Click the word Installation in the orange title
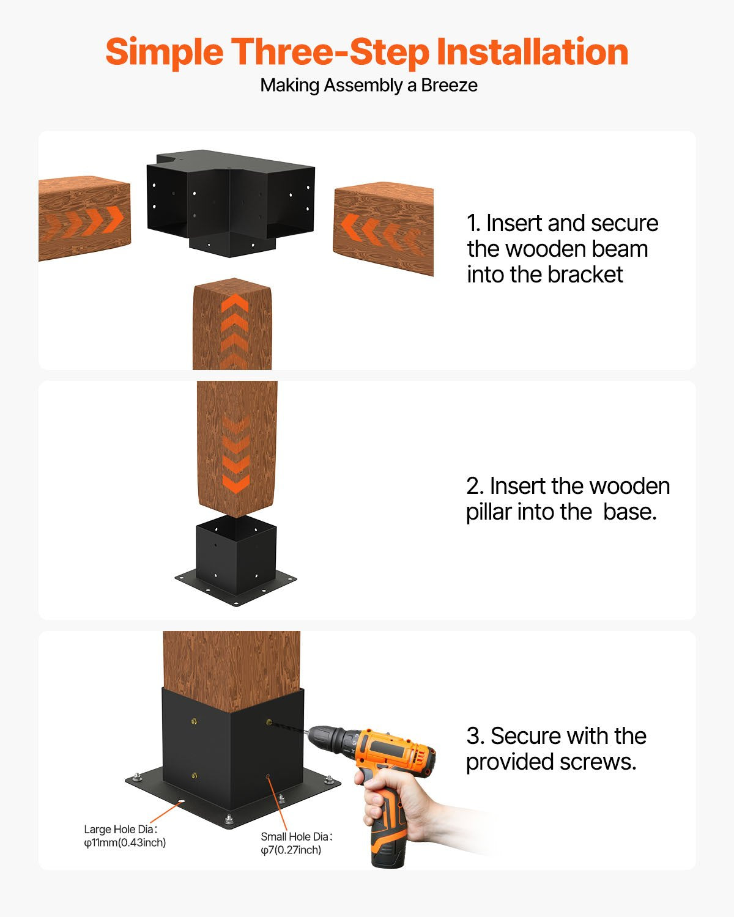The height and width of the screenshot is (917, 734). click(x=532, y=52)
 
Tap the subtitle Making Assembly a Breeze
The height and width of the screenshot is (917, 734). click(x=369, y=85)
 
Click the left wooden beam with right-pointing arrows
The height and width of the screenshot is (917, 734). click(x=84, y=218)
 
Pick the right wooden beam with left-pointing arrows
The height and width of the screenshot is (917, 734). click(x=384, y=227)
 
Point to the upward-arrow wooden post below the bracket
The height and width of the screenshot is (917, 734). click(x=232, y=324)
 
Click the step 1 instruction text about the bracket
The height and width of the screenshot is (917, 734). click(x=562, y=249)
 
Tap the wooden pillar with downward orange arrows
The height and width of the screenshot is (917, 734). click(x=237, y=447)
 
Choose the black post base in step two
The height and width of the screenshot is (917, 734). click(x=235, y=562)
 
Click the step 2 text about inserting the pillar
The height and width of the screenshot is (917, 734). click(x=568, y=499)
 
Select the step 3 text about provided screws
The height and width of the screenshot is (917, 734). click(x=555, y=749)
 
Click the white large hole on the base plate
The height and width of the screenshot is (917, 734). click(x=181, y=802)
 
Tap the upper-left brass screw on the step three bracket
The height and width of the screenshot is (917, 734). click(x=193, y=722)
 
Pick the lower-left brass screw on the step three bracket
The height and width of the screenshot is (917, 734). click(x=193, y=776)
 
